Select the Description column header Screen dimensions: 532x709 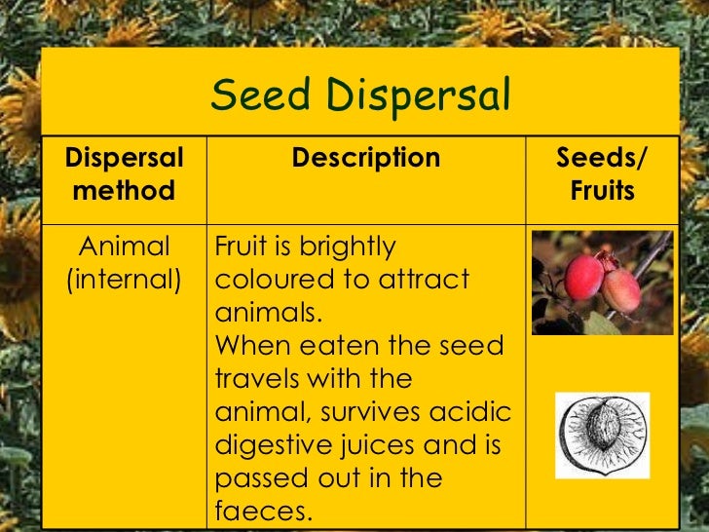click(366, 158)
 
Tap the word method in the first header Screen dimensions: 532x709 click(124, 190)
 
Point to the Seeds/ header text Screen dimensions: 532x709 click(602, 158)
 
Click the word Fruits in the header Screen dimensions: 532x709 click(602, 190)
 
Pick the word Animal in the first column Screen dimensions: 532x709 click(124, 247)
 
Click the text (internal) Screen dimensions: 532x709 click(124, 280)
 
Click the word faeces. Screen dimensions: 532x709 click(258, 511)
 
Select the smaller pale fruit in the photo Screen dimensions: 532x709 click(620, 290)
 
